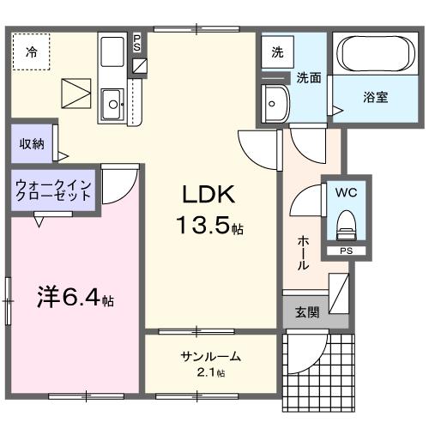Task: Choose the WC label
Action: pyautogui.click(x=347, y=192)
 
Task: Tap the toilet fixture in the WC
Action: pyautogui.click(x=347, y=226)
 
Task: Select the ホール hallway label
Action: pyautogui.click(x=303, y=254)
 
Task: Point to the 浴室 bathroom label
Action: pyautogui.click(x=375, y=97)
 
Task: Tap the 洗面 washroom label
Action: pyautogui.click(x=308, y=77)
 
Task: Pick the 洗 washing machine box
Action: pyautogui.click(x=277, y=51)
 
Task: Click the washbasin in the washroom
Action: pyautogui.click(x=276, y=104)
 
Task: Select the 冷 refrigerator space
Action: pyautogui.click(x=31, y=51)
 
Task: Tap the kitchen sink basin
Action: pyautogui.click(x=112, y=106)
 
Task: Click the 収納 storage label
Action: pyautogui.click(x=32, y=143)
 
